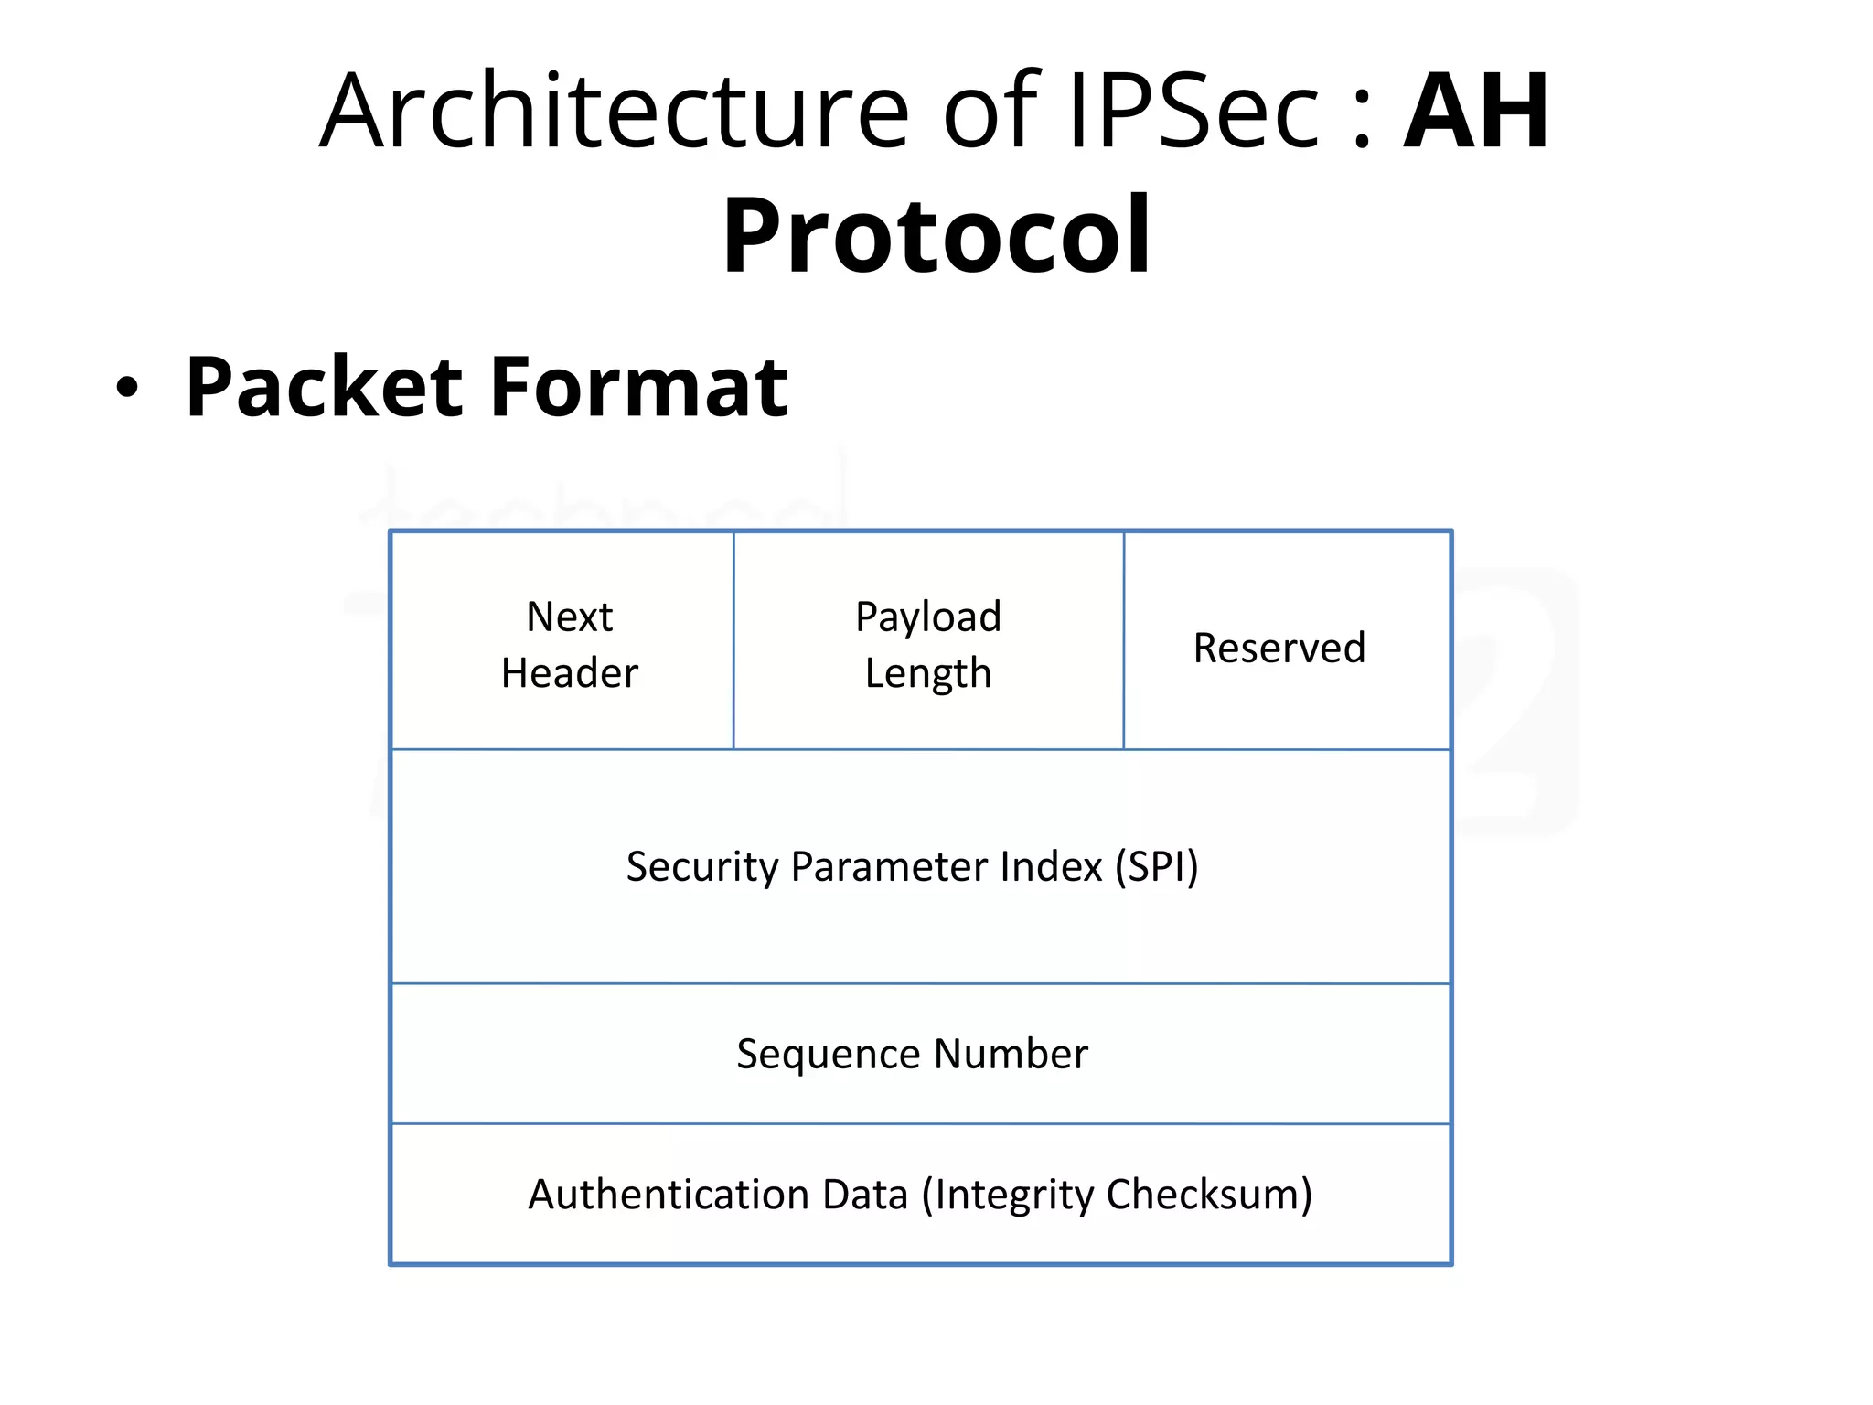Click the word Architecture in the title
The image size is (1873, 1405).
coord(614,112)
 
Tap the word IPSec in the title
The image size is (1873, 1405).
coord(1193,112)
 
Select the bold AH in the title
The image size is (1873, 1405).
coord(1476,112)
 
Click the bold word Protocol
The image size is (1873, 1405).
coord(936,235)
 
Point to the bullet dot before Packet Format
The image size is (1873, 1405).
coord(127,388)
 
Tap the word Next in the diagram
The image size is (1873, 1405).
coord(569,617)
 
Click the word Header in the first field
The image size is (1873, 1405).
coord(569,673)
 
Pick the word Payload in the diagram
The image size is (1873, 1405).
coord(928,617)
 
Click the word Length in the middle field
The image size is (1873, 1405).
coord(928,674)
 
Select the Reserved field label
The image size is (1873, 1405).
coord(1279,648)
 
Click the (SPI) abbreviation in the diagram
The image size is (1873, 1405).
coord(1156,866)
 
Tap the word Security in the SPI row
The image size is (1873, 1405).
coord(702,867)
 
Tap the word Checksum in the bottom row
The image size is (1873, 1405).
coord(1209,1195)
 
